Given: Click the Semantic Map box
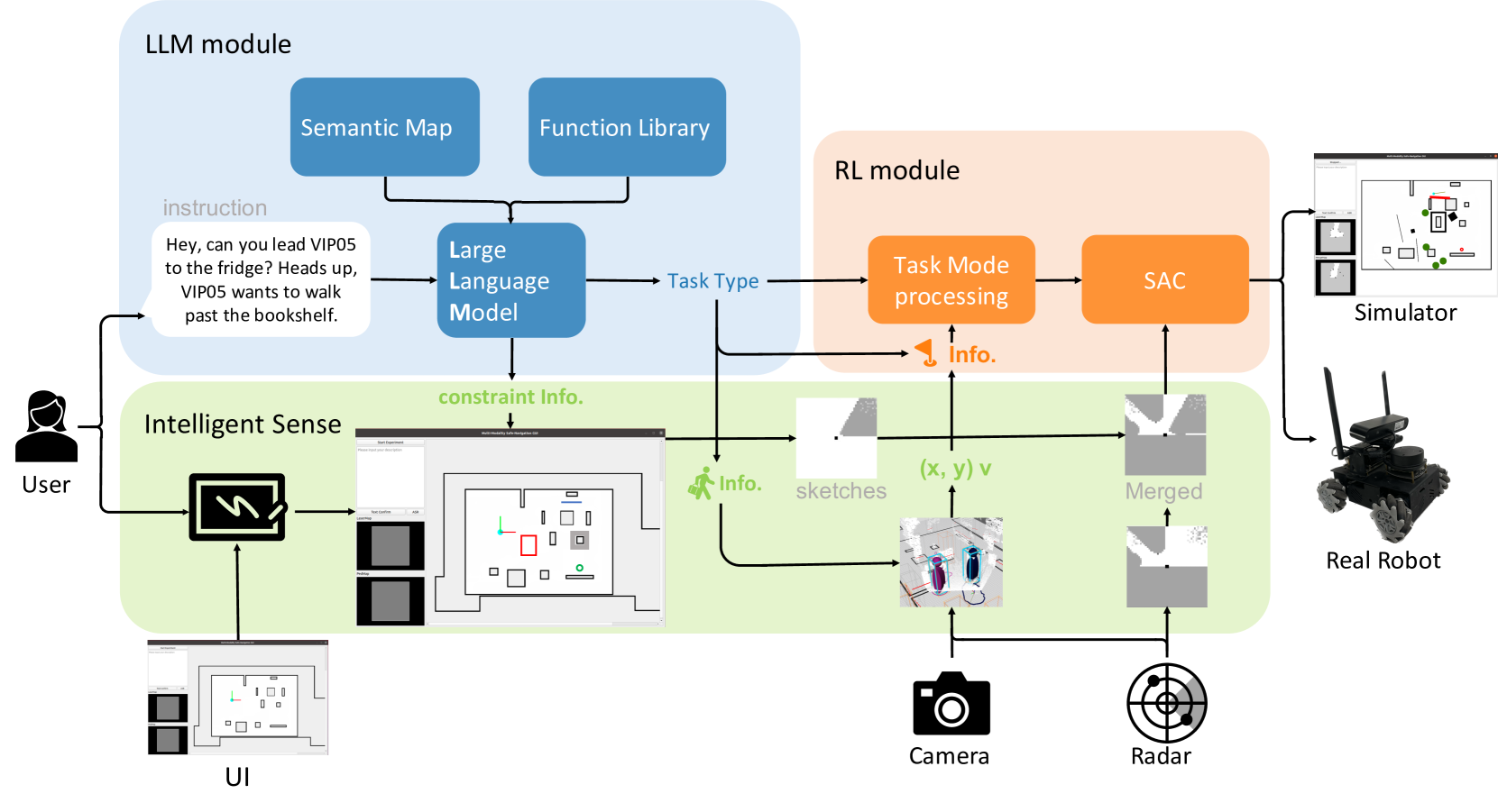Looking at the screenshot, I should (384, 127).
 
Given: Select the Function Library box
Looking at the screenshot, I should (627, 127).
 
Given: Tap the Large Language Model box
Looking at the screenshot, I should (510, 280).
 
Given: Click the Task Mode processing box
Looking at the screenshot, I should (951, 280).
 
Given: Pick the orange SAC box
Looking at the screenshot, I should (1164, 280).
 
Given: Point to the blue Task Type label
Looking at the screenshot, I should (712, 281).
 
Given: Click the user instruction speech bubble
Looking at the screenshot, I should (261, 279).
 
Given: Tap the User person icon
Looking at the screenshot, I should (46, 426).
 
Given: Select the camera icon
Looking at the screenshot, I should (951, 704).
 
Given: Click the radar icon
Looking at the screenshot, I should (1166, 703).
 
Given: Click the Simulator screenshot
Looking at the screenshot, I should (1404, 224).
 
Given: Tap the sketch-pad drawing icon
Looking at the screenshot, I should (237, 507).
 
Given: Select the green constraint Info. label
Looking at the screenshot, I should (510, 397).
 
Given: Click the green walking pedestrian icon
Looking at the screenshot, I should (701, 484).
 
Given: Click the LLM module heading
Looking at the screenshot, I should (218, 44).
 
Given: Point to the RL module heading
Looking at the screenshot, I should (896, 170).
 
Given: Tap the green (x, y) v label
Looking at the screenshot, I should (955, 469).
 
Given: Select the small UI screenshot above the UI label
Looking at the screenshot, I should (237, 698).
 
